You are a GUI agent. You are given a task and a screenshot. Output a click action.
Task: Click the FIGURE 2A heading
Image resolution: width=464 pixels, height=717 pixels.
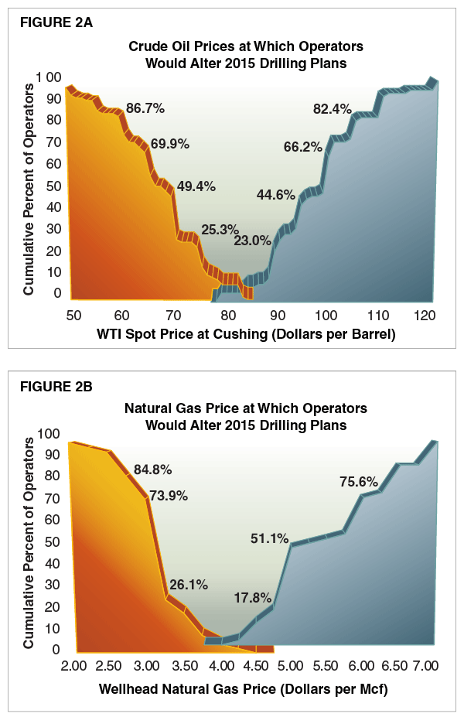click(x=56, y=22)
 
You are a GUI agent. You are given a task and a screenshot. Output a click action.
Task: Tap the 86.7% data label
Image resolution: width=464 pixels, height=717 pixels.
click(x=145, y=108)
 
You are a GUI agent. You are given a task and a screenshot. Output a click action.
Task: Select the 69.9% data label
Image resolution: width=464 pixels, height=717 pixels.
click(x=170, y=144)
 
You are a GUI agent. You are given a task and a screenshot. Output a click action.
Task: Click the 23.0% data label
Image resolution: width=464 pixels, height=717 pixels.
click(x=253, y=240)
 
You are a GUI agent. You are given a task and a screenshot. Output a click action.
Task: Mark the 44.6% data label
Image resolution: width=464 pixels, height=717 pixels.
click(x=275, y=194)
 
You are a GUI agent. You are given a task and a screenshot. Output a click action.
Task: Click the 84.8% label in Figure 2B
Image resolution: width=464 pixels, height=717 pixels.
click(x=152, y=469)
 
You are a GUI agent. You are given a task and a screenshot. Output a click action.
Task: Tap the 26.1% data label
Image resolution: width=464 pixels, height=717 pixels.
click(x=189, y=585)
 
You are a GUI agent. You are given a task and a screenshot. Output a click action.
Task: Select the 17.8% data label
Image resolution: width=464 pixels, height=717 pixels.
click(x=253, y=597)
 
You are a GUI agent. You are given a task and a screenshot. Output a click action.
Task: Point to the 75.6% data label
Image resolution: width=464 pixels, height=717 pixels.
click(x=359, y=482)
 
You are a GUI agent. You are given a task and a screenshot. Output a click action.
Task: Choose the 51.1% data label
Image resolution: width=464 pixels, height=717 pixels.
click(x=269, y=538)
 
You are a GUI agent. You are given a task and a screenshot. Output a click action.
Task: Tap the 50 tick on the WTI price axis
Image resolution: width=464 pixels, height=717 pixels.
click(x=73, y=315)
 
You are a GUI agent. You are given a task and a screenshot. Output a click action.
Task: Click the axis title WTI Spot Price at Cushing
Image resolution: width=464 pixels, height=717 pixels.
click(x=246, y=334)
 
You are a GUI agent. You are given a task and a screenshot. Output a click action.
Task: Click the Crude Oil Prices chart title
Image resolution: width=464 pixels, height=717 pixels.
click(x=245, y=54)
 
